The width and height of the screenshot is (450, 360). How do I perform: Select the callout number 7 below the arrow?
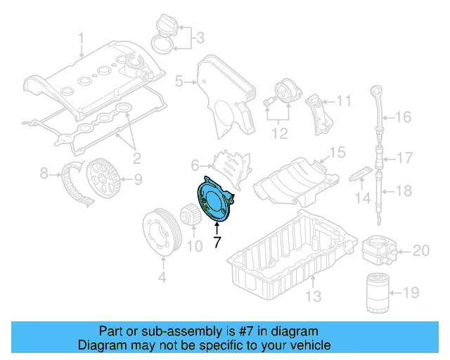(217, 243)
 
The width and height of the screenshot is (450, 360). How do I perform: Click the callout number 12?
(280, 131)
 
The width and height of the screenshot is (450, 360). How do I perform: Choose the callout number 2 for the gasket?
(137, 156)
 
